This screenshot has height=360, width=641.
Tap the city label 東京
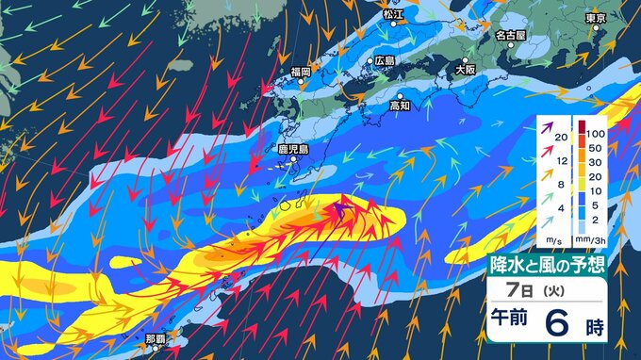click(594, 18)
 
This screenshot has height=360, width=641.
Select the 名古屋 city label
click(510, 35)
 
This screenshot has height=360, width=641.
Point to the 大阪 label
click(465, 69)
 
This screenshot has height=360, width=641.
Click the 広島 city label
click(385, 60)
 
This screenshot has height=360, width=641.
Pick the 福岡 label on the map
click(301, 72)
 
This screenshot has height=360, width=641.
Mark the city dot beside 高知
click(400, 96)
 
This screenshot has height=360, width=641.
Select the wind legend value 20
click(561, 138)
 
